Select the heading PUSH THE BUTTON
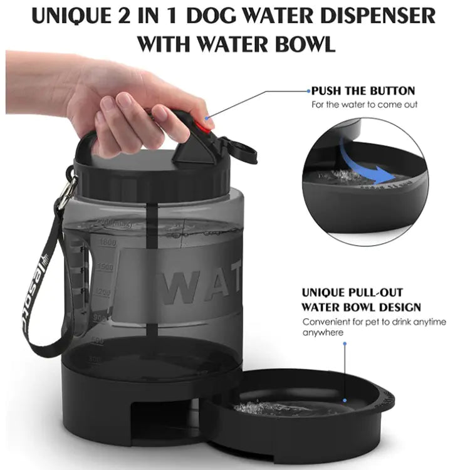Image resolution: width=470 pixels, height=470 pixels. (x=363, y=91)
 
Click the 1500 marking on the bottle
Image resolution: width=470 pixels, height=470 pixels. (x=105, y=268)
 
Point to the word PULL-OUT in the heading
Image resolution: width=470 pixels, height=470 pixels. (x=372, y=293)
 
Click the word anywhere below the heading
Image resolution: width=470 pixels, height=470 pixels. (x=323, y=333)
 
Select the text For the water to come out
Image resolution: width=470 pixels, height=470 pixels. (x=365, y=105)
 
